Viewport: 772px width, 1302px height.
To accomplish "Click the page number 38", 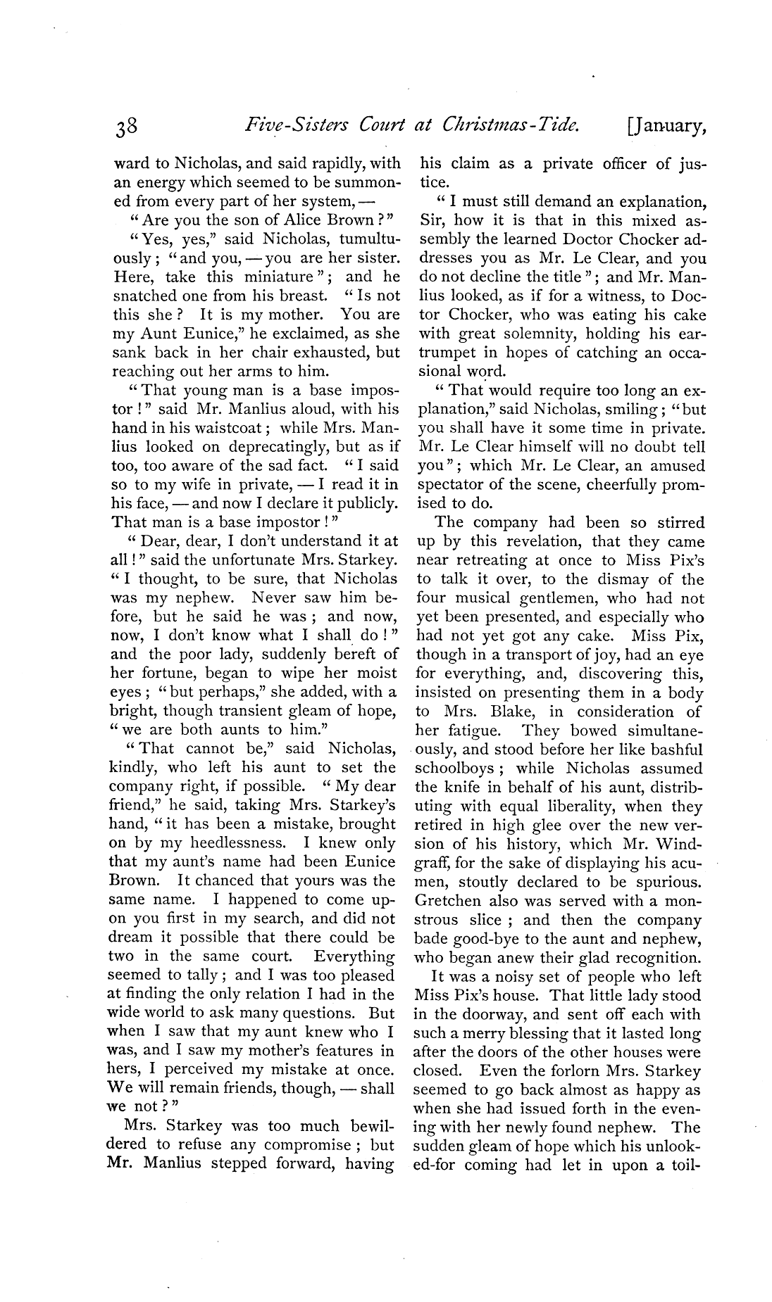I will point(128,127).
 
